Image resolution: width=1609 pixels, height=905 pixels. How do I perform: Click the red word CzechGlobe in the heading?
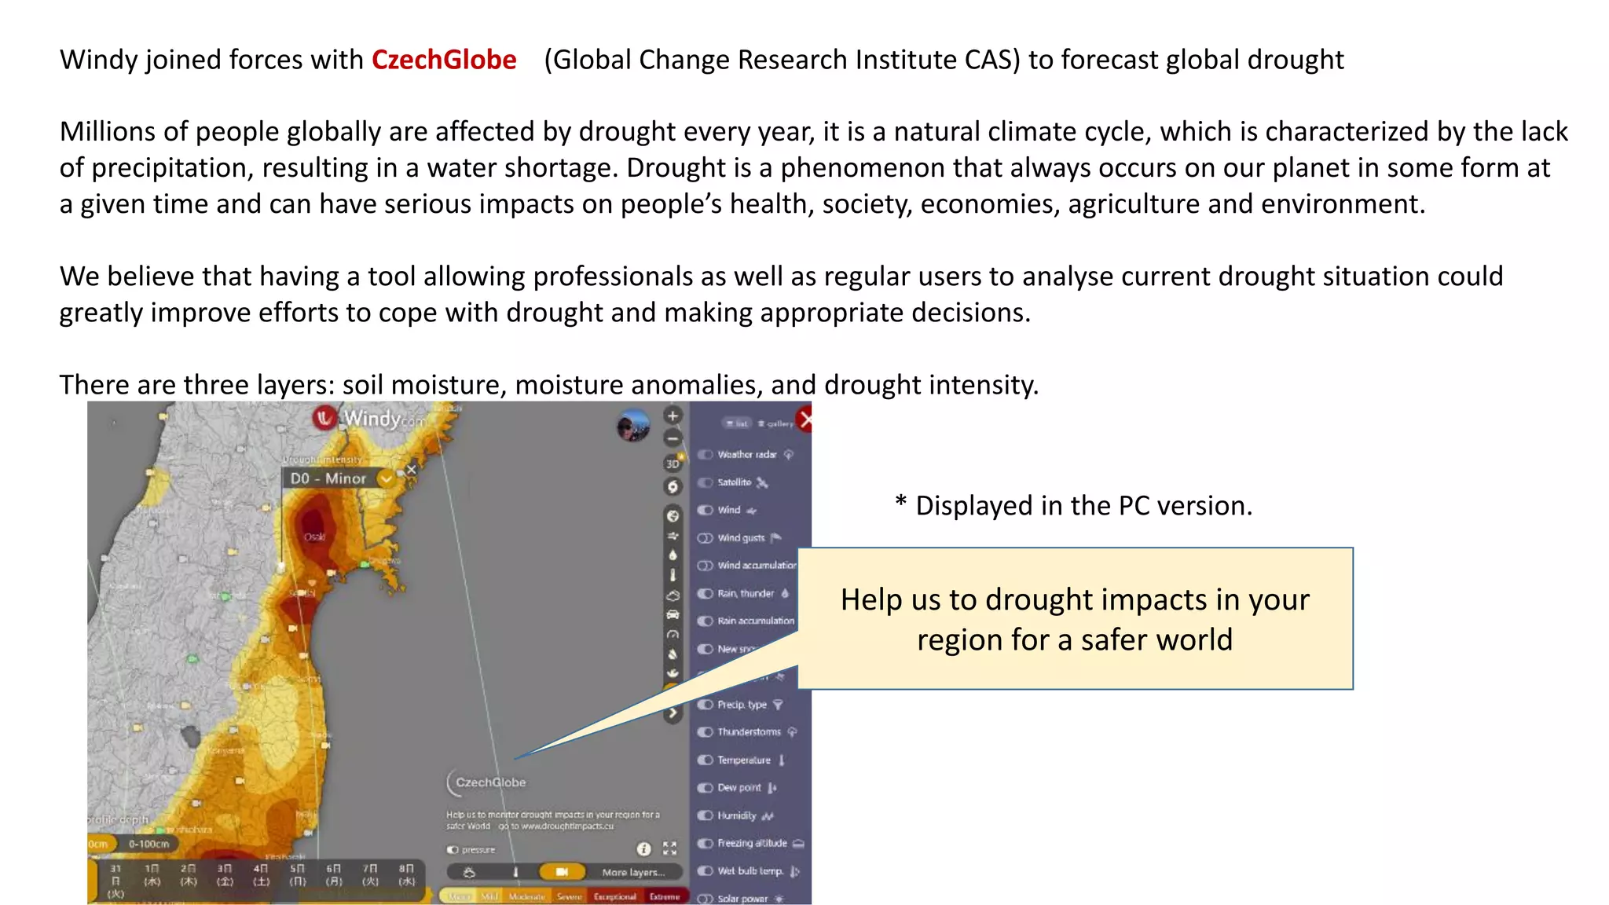[x=444, y=60]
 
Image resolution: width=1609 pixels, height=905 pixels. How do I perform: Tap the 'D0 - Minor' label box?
[x=328, y=478]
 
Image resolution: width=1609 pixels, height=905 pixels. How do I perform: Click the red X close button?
[x=804, y=420]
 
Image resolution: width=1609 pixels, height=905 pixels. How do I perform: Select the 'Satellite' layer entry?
[x=734, y=482]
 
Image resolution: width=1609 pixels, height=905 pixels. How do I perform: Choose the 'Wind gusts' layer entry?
[x=740, y=538]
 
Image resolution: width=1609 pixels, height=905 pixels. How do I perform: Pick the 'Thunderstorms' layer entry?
[x=749, y=732]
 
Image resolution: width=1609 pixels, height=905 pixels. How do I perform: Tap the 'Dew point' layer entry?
[x=739, y=788]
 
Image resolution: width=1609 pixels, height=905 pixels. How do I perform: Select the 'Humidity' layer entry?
[x=736, y=815]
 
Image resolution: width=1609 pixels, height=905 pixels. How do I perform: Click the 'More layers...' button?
[x=632, y=872]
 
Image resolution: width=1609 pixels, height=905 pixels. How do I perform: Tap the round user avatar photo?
[x=633, y=426]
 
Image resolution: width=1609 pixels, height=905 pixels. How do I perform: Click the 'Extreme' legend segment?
[x=665, y=896]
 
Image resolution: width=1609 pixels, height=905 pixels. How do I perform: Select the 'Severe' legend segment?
[x=569, y=896]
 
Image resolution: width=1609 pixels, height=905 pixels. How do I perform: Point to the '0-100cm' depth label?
[x=148, y=844]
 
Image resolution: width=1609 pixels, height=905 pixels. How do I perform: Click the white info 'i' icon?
[x=643, y=849]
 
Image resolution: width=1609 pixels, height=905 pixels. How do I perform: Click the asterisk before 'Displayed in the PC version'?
[x=901, y=502]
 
